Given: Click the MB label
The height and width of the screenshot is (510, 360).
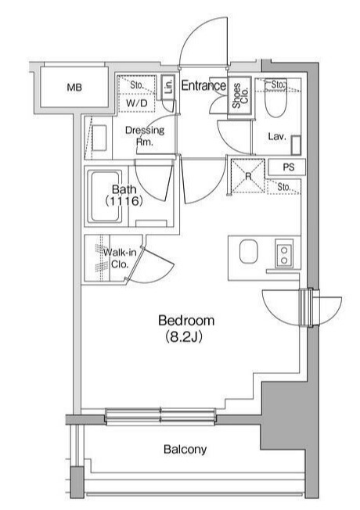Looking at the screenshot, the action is pyautogui.click(x=74, y=87).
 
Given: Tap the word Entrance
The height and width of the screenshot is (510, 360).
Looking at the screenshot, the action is pyautogui.click(x=203, y=85).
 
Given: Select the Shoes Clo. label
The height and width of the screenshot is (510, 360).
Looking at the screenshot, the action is pyautogui.click(x=240, y=95).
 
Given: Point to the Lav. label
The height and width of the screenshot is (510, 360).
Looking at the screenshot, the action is pyautogui.click(x=277, y=137).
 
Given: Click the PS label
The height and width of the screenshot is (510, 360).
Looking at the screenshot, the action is pyautogui.click(x=288, y=167).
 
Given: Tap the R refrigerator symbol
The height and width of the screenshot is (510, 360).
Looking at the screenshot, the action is pyautogui.click(x=248, y=176).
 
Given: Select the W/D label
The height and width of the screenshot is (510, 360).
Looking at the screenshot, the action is pyautogui.click(x=137, y=103).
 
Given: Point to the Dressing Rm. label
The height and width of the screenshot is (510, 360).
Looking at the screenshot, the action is pyautogui.click(x=145, y=135).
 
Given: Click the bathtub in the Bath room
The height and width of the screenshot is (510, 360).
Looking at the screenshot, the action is pyautogui.click(x=105, y=197).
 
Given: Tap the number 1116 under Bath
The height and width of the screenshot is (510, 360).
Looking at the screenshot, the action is pyautogui.click(x=124, y=201).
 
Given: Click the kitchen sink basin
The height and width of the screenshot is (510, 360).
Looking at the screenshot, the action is pyautogui.click(x=248, y=251).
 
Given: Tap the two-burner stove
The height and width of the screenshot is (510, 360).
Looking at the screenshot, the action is pyautogui.click(x=284, y=253).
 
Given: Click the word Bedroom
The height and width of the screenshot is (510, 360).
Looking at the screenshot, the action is pyautogui.click(x=186, y=321).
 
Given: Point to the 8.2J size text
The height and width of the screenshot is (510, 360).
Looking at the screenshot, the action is pyautogui.click(x=184, y=337).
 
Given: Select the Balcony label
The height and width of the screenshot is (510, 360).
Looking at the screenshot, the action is pyautogui.click(x=185, y=449).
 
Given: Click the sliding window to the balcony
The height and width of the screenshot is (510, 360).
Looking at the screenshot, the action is pyautogui.click(x=160, y=416).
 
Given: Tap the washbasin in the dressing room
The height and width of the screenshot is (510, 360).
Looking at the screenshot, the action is pyautogui.click(x=99, y=138).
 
